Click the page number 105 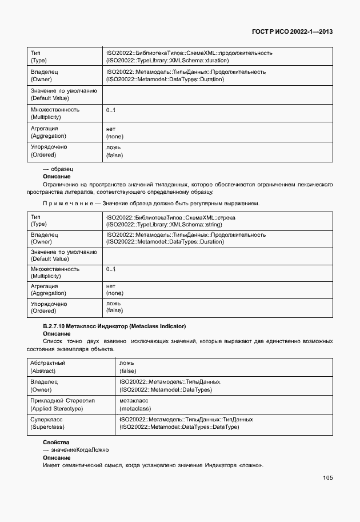coord(327,478)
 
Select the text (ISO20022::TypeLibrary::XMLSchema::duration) coord(167,60)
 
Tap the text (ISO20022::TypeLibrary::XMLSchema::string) coord(164,225)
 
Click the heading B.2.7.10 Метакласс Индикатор coord(114,326)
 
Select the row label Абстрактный coord(48,363)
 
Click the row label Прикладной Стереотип coord(62,401)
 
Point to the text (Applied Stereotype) coord(57,408)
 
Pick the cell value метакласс coord(134,401)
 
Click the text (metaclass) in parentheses coord(135,408)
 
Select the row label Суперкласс coord(47,419)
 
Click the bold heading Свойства coord(56,443)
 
